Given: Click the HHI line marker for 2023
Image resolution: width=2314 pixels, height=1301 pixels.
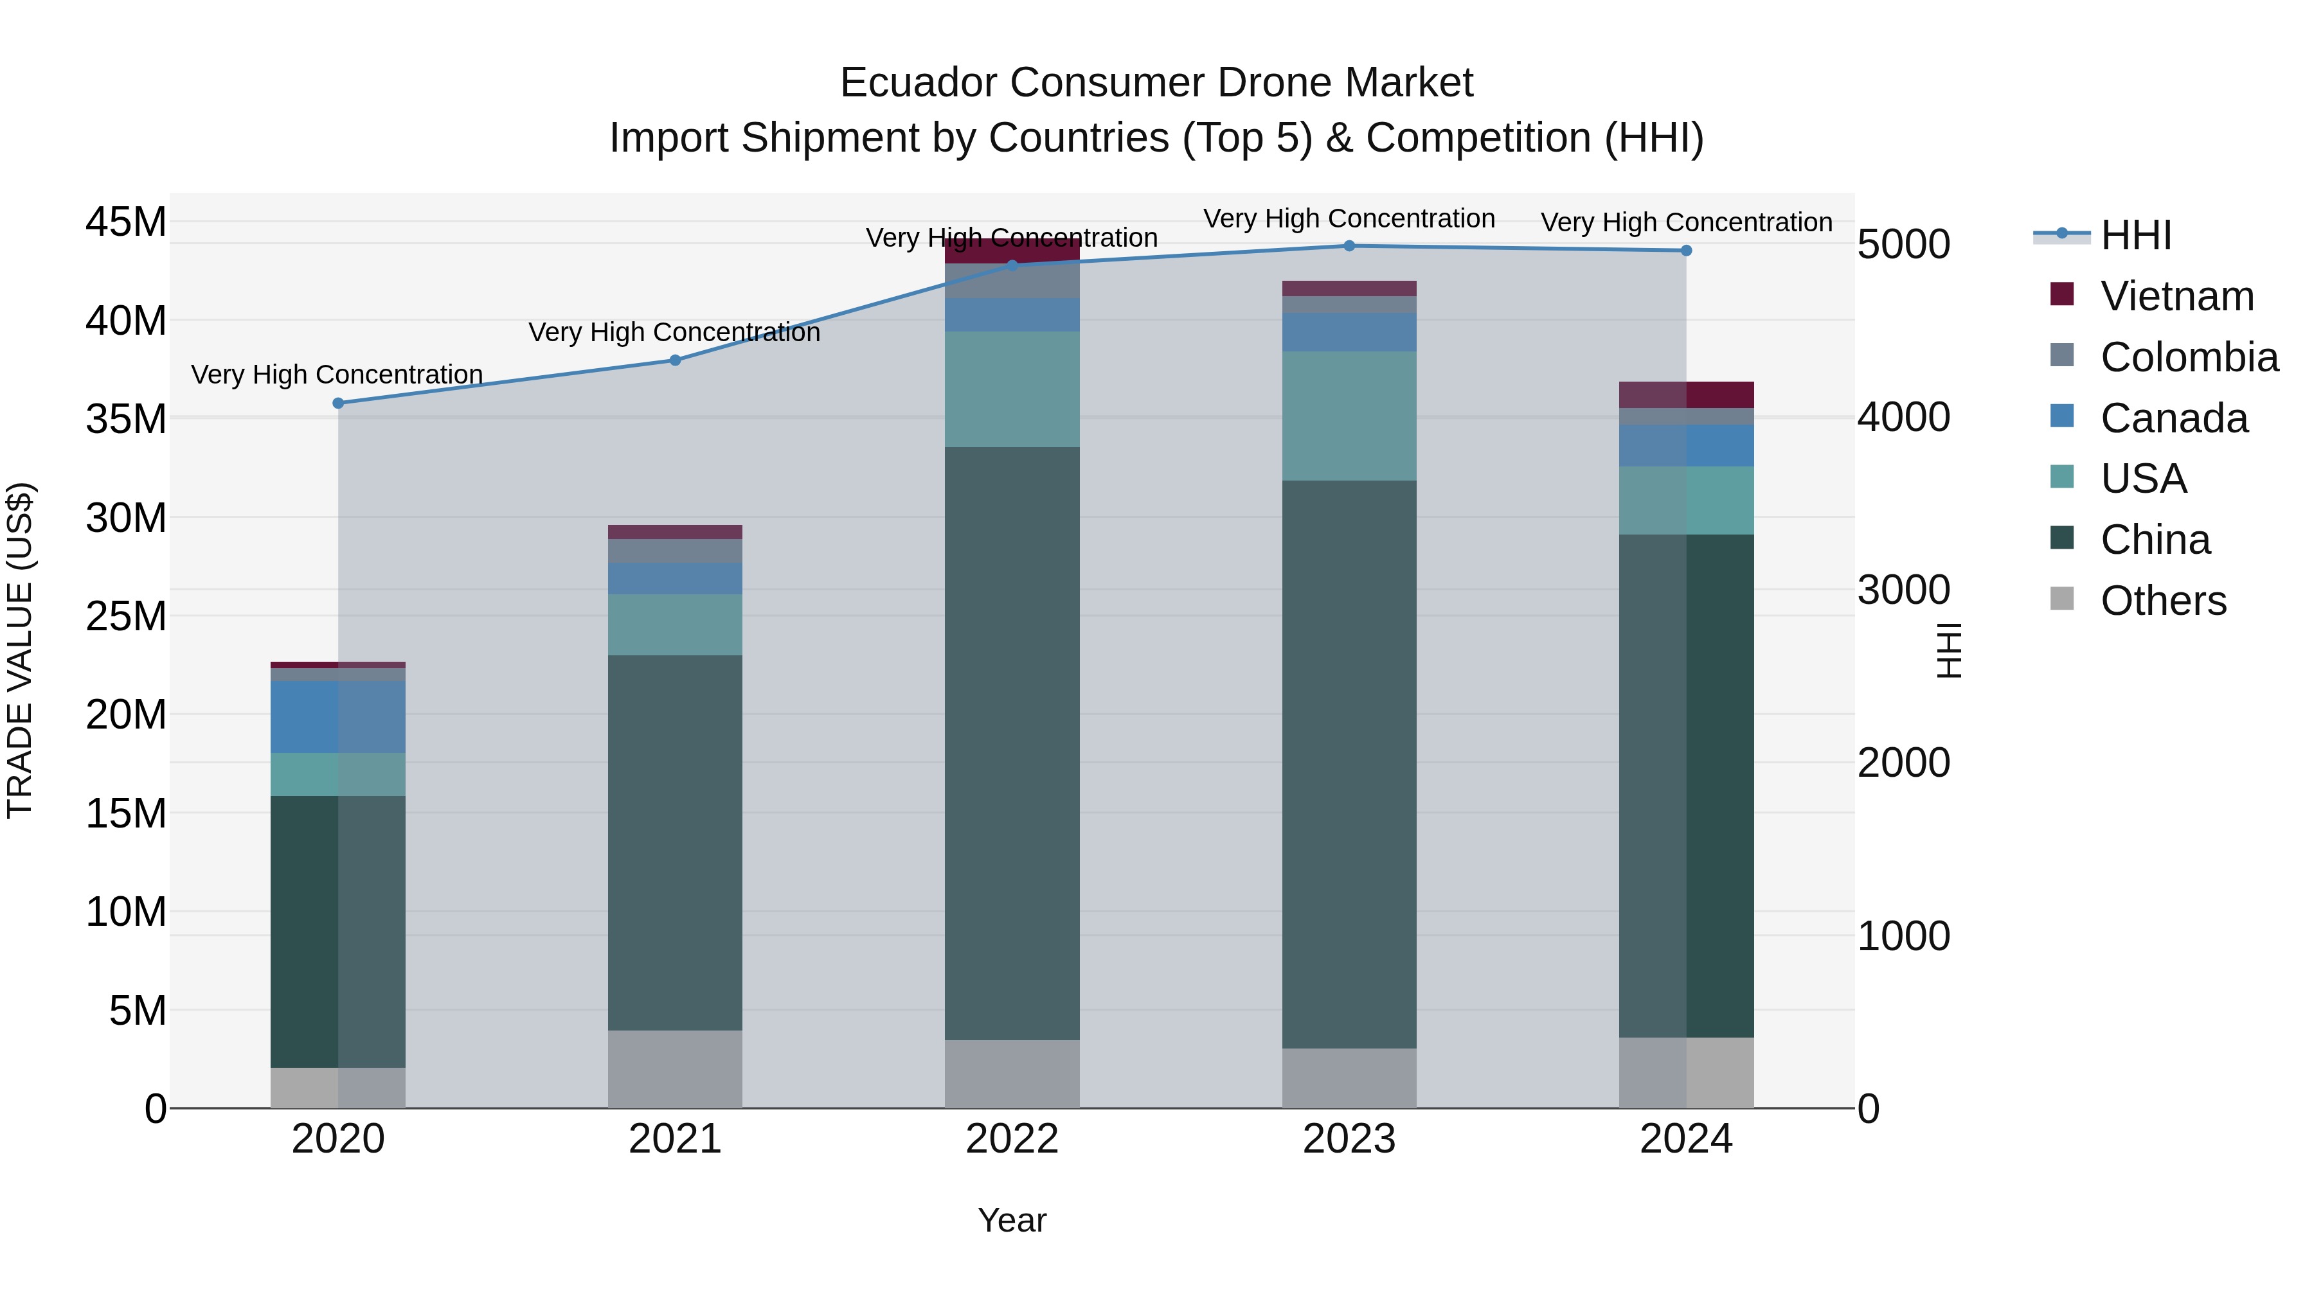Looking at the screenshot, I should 1349,246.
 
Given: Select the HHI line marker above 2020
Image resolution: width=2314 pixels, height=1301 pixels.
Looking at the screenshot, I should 337,403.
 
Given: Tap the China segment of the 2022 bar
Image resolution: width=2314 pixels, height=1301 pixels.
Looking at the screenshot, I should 1012,743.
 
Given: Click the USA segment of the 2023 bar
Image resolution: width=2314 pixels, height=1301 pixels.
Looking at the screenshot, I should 1349,416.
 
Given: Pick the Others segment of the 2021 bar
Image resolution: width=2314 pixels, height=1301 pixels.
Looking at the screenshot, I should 675,1068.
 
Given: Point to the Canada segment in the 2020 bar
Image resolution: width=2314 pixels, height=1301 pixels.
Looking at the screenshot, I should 337,716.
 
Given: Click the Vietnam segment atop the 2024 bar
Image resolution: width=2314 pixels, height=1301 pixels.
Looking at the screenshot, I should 1685,395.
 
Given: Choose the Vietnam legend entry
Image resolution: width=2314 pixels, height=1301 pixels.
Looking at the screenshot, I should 2176,296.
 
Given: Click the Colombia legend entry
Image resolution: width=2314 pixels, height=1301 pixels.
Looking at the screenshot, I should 2188,357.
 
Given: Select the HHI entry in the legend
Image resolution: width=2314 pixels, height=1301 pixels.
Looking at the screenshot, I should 2135,235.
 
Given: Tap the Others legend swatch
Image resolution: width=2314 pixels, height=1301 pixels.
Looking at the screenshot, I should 2063,599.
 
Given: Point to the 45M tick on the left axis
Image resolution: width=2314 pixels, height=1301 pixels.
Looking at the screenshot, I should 126,222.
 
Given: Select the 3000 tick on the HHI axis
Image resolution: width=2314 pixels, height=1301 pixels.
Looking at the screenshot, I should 1903,590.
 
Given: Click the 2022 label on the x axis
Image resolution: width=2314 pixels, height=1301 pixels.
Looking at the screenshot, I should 1012,1139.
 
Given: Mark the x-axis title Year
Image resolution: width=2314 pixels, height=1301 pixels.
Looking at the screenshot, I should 1012,1220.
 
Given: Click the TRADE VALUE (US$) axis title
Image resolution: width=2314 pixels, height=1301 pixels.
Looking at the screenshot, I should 20,650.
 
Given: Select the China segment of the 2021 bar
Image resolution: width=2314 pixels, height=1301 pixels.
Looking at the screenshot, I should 675,842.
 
